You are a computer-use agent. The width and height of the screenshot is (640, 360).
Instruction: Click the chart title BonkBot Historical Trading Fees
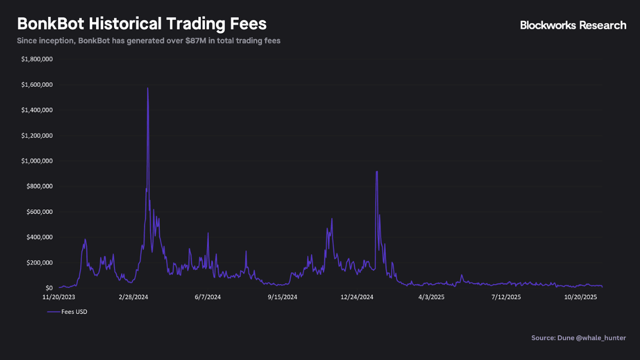pos(142,23)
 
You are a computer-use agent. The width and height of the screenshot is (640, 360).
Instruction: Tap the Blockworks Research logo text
pos(573,25)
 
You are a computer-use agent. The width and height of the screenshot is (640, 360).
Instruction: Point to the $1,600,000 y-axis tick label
pos(37,85)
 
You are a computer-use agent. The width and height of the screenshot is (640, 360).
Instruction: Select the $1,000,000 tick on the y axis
pos(37,161)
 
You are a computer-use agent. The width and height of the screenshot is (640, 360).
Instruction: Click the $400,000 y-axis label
pos(38,237)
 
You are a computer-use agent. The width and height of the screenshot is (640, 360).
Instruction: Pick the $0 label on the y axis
pos(49,288)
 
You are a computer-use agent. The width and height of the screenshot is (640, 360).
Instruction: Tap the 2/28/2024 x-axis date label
pos(133,297)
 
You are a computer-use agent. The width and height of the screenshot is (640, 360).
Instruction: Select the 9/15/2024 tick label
pos(283,297)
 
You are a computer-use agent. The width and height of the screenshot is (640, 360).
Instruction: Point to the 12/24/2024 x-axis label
pos(357,297)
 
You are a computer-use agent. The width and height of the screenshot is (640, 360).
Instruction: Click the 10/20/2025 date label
pos(581,297)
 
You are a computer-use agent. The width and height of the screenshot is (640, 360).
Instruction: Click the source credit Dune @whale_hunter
pos(579,338)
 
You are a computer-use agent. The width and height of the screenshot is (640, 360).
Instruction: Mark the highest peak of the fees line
pos(147,88)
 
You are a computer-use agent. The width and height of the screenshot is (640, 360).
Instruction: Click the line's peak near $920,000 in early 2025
pos(377,171)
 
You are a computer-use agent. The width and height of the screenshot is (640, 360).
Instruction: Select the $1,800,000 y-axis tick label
pos(37,59)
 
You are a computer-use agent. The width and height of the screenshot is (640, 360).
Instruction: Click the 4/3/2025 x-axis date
pos(431,297)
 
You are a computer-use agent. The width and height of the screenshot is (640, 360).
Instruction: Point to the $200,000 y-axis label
pos(38,262)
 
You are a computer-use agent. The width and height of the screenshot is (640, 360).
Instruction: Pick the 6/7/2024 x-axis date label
pos(208,297)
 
